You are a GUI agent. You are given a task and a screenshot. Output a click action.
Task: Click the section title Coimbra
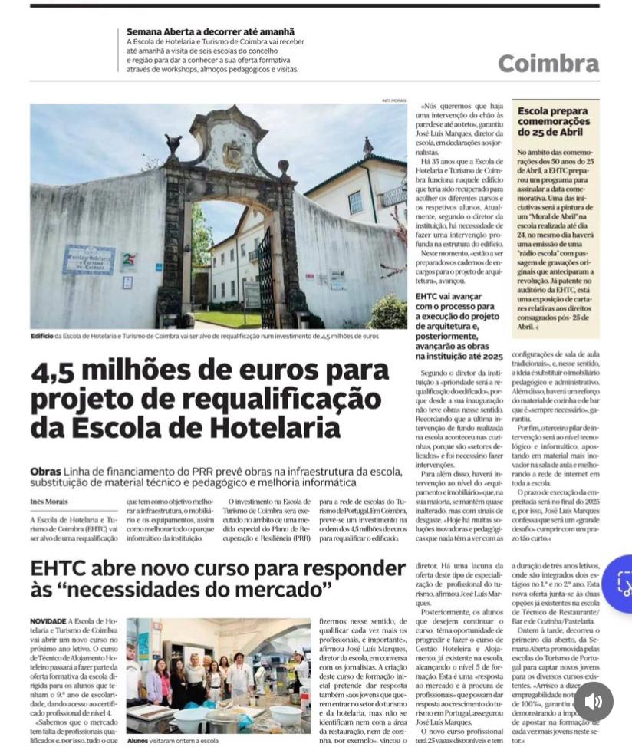(x=548, y=63)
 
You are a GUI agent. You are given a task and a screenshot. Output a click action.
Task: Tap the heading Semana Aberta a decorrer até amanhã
(x=210, y=31)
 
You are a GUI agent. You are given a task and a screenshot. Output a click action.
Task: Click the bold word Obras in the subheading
(x=45, y=471)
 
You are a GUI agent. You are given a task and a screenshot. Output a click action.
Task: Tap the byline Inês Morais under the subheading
(x=48, y=502)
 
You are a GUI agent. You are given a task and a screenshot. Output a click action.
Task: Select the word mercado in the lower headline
(x=279, y=591)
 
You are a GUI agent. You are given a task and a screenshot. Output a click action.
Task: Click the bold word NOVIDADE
(x=48, y=620)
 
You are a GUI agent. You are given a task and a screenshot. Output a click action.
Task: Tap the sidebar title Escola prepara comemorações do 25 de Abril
(x=554, y=121)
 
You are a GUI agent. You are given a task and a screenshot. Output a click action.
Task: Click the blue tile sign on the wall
(x=88, y=260)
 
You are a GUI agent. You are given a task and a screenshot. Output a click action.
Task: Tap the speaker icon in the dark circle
(x=593, y=701)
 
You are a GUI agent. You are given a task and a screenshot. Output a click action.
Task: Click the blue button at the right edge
(x=620, y=584)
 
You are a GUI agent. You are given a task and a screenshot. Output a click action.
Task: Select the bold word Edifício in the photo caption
(x=42, y=336)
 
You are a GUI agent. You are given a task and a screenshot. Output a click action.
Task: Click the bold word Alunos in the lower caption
(x=137, y=740)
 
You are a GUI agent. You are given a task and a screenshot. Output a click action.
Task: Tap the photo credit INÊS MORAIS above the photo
(x=393, y=100)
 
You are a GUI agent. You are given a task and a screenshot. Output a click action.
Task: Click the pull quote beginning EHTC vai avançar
(x=459, y=326)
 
